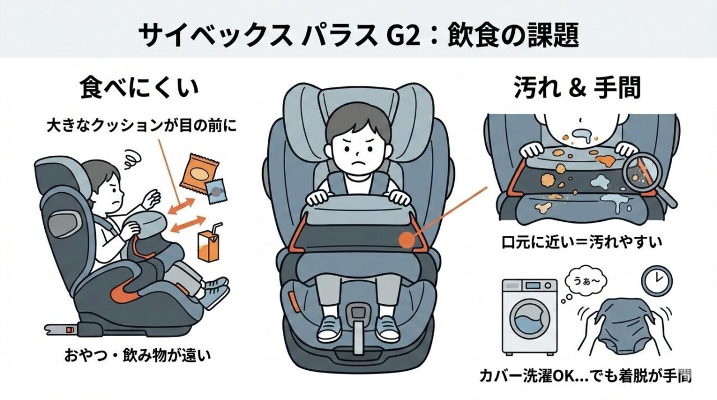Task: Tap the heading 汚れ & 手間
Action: pyautogui.click(x=577, y=88)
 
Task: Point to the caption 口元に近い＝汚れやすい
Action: pyautogui.click(x=581, y=242)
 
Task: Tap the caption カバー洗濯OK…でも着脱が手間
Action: pyautogui.click(x=585, y=376)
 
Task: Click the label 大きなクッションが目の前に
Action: pyautogui.click(x=142, y=125)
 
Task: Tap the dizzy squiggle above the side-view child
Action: pyautogui.click(x=133, y=159)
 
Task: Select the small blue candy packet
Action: pyautogui.click(x=216, y=191)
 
